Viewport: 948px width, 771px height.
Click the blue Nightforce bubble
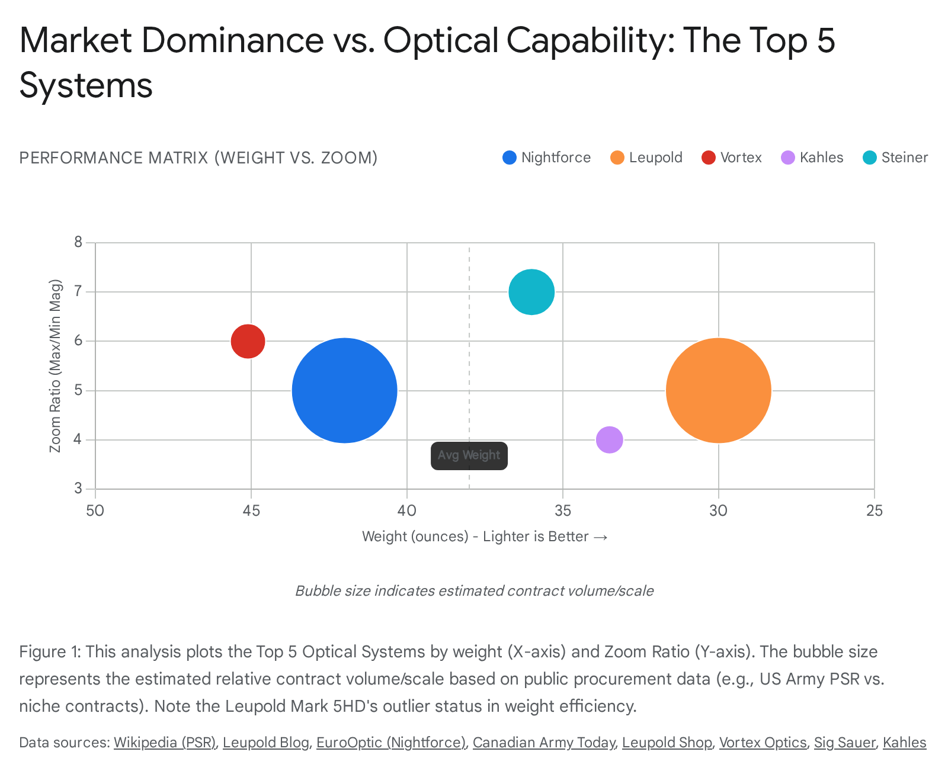coord(344,390)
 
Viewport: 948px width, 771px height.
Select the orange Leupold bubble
coord(718,390)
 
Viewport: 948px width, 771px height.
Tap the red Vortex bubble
coord(248,341)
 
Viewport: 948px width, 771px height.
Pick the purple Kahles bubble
coord(609,439)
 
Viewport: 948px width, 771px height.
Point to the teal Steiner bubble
coord(531,292)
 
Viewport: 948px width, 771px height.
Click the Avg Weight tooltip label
coord(469,455)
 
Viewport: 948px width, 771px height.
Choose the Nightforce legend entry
coord(547,158)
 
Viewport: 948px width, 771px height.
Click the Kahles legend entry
coord(812,158)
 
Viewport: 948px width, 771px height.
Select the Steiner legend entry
coord(895,158)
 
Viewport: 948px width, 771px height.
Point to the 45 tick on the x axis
coord(251,510)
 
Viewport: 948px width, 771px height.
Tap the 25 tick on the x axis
coord(874,510)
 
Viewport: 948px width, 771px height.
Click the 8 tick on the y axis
coord(78,242)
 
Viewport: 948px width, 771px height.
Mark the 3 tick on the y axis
coord(78,489)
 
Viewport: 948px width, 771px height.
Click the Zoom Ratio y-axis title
coord(55,365)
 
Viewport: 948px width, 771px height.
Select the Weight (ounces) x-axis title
coord(485,537)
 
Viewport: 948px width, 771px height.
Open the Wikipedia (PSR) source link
coord(164,743)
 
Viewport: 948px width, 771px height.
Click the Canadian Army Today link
coord(543,743)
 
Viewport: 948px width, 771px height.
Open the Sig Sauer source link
coord(844,743)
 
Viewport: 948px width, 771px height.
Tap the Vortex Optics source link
coord(763,743)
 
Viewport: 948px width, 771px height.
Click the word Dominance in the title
coord(232,40)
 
